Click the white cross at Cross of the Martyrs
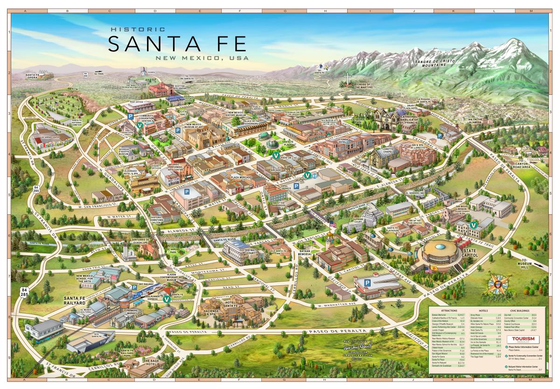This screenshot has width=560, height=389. tap(347, 79)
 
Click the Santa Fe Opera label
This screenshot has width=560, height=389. tap(33, 76)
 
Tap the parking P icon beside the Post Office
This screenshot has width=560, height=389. tap(131, 115)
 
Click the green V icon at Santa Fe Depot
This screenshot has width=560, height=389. tap(166, 299)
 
